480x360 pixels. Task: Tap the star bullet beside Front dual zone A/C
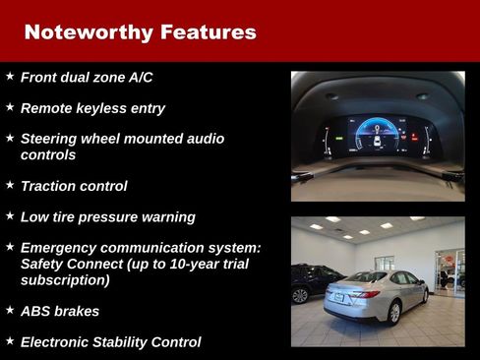coord(10,76)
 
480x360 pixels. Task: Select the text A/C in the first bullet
coord(140,77)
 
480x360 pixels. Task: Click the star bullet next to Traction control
coord(10,184)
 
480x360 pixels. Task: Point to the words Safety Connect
coord(81,264)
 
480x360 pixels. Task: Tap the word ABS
coord(36,311)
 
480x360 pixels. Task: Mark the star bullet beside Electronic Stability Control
coord(10,341)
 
